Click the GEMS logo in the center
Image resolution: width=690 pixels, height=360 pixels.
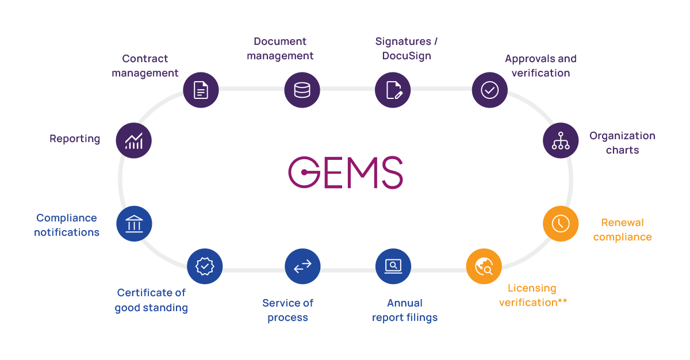[x=346, y=172]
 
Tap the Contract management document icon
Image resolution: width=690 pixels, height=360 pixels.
[x=201, y=90]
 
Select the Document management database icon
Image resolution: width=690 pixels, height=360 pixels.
[x=302, y=90]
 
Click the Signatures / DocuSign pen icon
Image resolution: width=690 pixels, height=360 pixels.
[x=393, y=90]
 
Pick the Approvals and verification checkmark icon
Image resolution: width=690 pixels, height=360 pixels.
[x=489, y=90]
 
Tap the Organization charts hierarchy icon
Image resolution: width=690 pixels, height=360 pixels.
[x=561, y=140]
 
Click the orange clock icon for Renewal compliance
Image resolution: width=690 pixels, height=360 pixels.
[x=561, y=223]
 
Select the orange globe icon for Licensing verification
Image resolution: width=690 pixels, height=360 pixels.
[x=484, y=266]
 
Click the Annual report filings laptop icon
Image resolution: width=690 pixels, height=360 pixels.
[x=393, y=266]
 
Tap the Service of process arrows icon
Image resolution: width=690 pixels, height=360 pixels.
[x=302, y=266]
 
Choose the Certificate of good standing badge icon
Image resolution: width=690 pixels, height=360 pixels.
[x=205, y=266]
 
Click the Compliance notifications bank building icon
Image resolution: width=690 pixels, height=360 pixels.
[x=134, y=223]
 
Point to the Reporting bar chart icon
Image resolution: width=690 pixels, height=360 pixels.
[x=134, y=140]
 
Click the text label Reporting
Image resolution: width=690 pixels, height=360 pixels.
[x=75, y=139]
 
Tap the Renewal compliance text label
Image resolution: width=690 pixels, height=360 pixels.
[x=622, y=229]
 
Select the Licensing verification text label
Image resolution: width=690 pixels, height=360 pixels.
[x=532, y=295]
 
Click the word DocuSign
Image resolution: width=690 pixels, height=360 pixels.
[x=407, y=56]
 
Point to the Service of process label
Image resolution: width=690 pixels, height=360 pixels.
[x=287, y=310]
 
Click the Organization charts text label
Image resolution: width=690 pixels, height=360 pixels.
[x=622, y=143]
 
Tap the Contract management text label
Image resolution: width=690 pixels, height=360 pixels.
[x=145, y=66]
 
